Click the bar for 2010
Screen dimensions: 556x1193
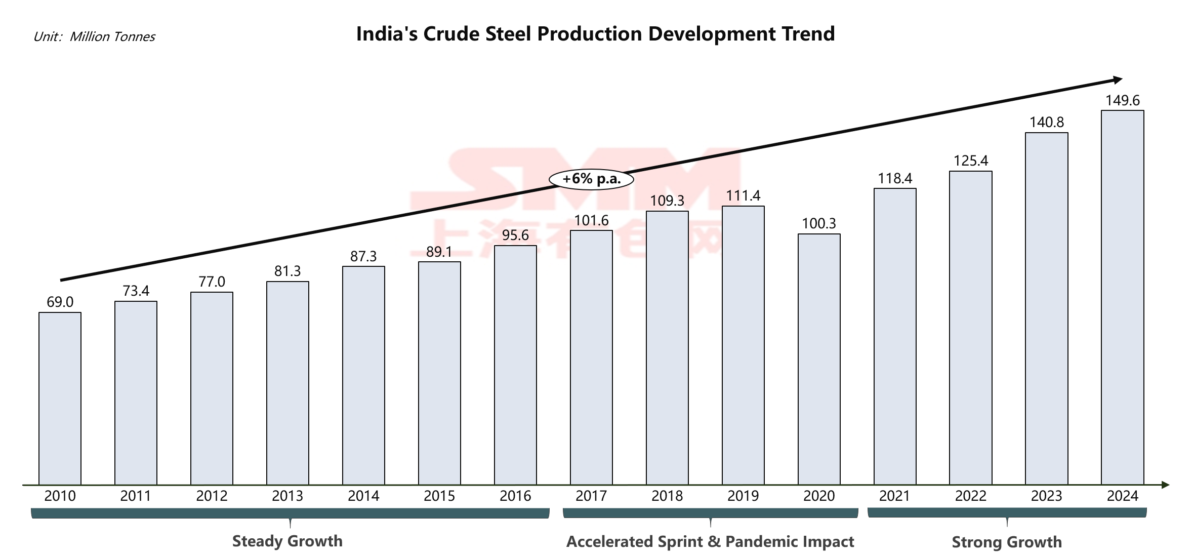(60, 398)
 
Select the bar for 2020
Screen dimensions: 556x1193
(819, 359)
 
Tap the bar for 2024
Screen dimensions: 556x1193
(1123, 297)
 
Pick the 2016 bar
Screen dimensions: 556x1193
(515, 365)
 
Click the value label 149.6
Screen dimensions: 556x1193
(1123, 100)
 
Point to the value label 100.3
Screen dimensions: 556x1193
(819, 223)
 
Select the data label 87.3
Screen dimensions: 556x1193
(363, 256)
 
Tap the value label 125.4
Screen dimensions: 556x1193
(971, 161)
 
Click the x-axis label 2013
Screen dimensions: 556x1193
(287, 496)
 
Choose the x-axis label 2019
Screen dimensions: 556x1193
(743, 496)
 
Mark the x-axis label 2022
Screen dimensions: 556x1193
(971, 496)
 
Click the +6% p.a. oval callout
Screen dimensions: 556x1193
(591, 179)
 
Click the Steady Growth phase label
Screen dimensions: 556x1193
(287, 541)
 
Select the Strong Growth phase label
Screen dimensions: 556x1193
(1007, 542)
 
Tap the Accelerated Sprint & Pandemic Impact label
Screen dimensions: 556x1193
(710, 541)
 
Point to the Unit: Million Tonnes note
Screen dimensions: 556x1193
(94, 36)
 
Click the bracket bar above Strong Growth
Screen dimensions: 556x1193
(1007, 512)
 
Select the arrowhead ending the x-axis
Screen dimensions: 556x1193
(1165, 485)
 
